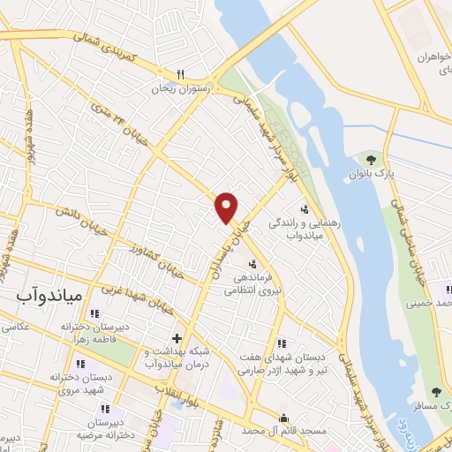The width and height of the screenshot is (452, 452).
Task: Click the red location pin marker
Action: click(227, 207)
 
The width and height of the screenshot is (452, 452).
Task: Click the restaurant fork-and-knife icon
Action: click(180, 74)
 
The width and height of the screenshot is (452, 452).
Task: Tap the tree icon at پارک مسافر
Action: click(436, 391)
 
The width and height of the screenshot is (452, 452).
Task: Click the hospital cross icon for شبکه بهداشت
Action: click(177, 337)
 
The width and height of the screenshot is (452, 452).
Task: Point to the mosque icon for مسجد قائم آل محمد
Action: click(283, 418)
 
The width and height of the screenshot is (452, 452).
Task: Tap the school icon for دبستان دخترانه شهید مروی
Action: click(80, 364)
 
